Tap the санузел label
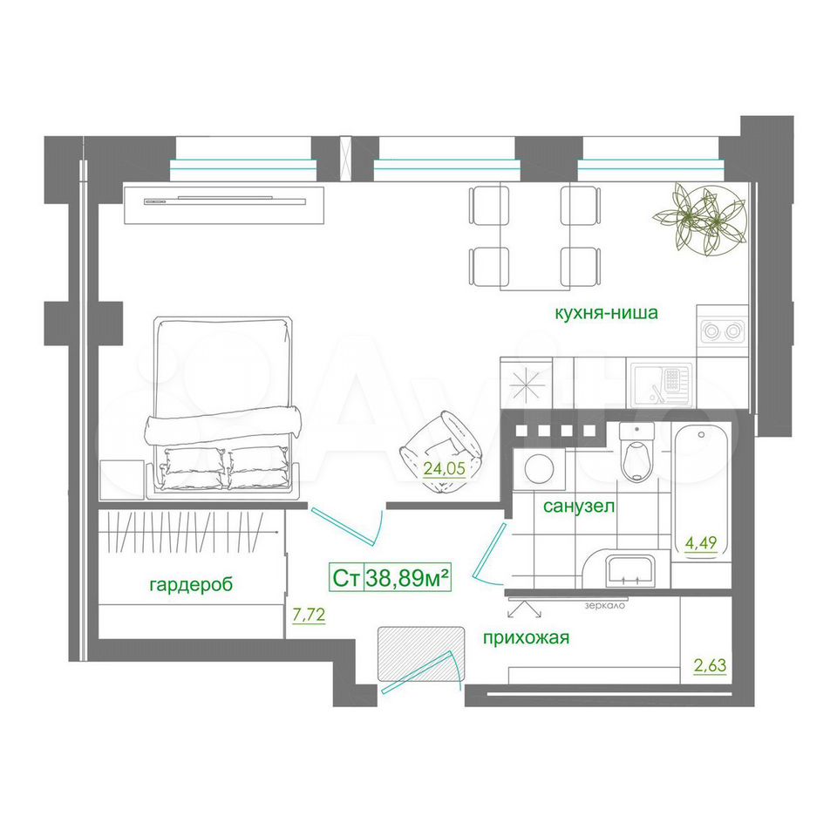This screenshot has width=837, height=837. [579, 506]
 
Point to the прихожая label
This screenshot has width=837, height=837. [526, 638]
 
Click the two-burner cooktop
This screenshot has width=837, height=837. [722, 330]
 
